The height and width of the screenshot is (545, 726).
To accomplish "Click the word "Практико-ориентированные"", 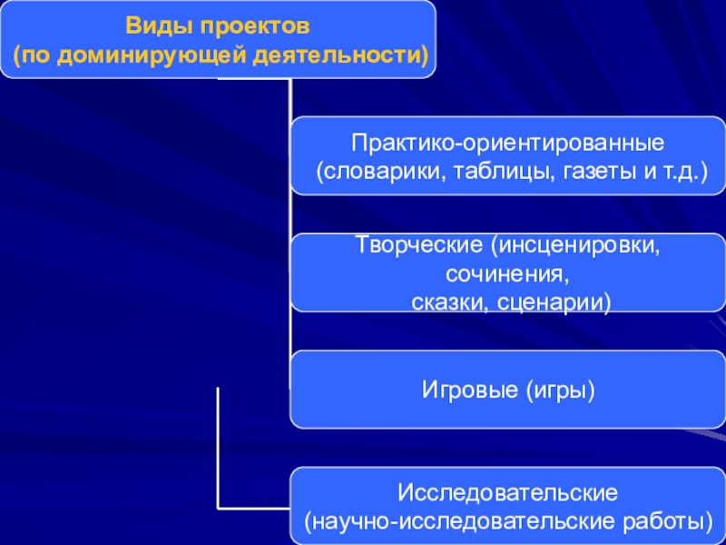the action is coord(509,143).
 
